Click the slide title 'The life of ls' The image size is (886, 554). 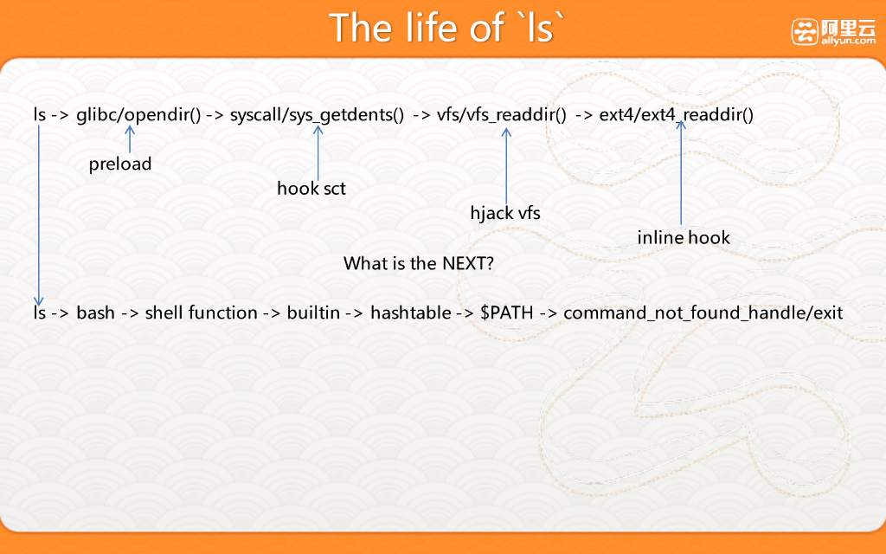click(447, 27)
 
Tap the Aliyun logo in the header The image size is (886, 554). click(833, 32)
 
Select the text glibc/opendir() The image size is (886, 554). click(138, 115)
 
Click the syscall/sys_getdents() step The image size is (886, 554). click(317, 115)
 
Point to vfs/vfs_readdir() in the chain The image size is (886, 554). click(501, 115)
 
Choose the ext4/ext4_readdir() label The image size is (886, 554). click(677, 115)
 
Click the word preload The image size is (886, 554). click(120, 164)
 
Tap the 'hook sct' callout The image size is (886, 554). click(311, 188)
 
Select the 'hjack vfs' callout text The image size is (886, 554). click(505, 213)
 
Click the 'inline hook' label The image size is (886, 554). click(684, 237)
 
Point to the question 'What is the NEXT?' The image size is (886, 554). click(419, 263)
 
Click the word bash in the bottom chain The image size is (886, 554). click(95, 312)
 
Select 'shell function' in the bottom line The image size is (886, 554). click(201, 312)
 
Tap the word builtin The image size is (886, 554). click(313, 312)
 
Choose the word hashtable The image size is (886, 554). click(411, 312)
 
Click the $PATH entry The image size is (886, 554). click(507, 312)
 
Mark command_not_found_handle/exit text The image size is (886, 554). click(703, 312)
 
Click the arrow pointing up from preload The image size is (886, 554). click(130, 139)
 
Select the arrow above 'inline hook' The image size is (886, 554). click(681, 172)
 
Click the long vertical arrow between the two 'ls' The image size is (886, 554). click(38, 216)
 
